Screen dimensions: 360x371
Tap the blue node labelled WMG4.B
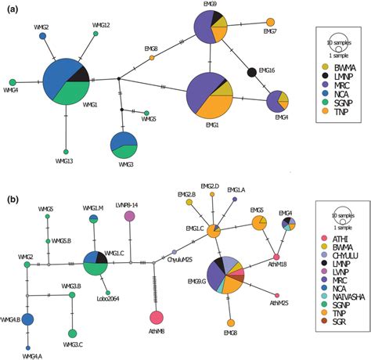coord(27,319)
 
